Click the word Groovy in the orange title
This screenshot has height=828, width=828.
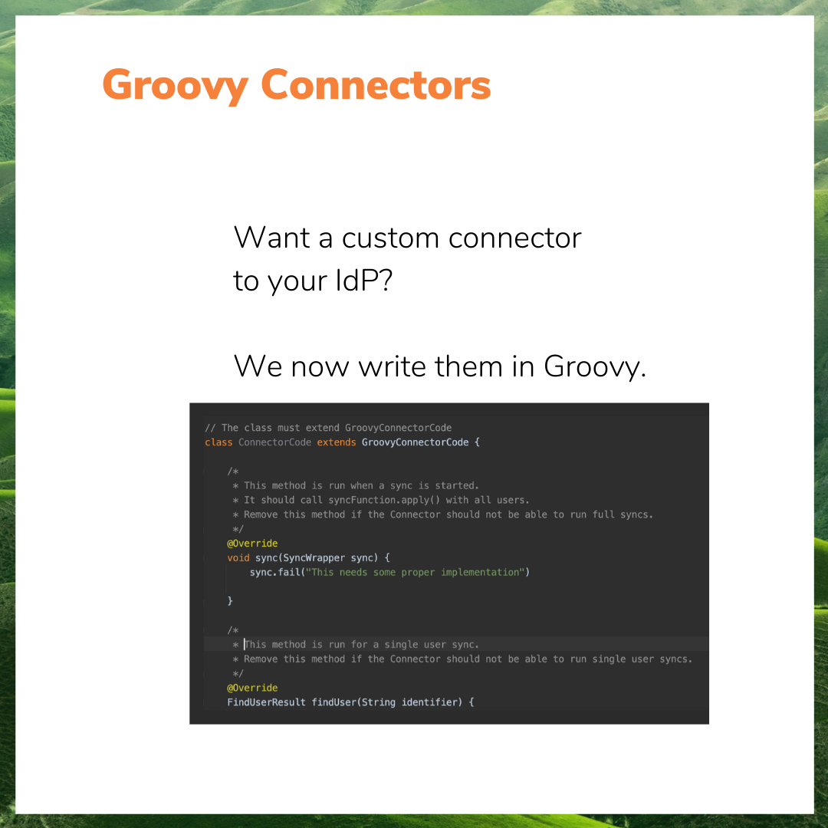[176, 86]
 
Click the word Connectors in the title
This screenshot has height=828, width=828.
[376, 84]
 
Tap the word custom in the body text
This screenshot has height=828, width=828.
[390, 238]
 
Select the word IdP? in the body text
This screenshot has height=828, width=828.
[364, 280]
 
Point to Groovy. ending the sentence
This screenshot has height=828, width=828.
[595, 367]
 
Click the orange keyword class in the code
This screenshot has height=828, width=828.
[219, 442]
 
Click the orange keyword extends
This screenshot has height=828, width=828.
[337, 442]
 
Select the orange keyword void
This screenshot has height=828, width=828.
[238, 558]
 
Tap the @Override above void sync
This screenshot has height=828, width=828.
[252, 544]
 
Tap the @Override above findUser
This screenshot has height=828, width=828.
[252, 688]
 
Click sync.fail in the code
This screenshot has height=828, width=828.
[274, 573]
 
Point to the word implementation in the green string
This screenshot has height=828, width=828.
[480, 573]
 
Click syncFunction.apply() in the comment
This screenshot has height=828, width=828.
[384, 500]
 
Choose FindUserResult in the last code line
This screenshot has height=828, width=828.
[266, 702]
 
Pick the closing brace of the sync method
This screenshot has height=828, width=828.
[230, 601]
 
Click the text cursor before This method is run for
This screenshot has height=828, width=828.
[245, 644]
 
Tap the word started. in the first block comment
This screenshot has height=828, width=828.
[457, 486]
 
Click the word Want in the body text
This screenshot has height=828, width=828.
[271, 238]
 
